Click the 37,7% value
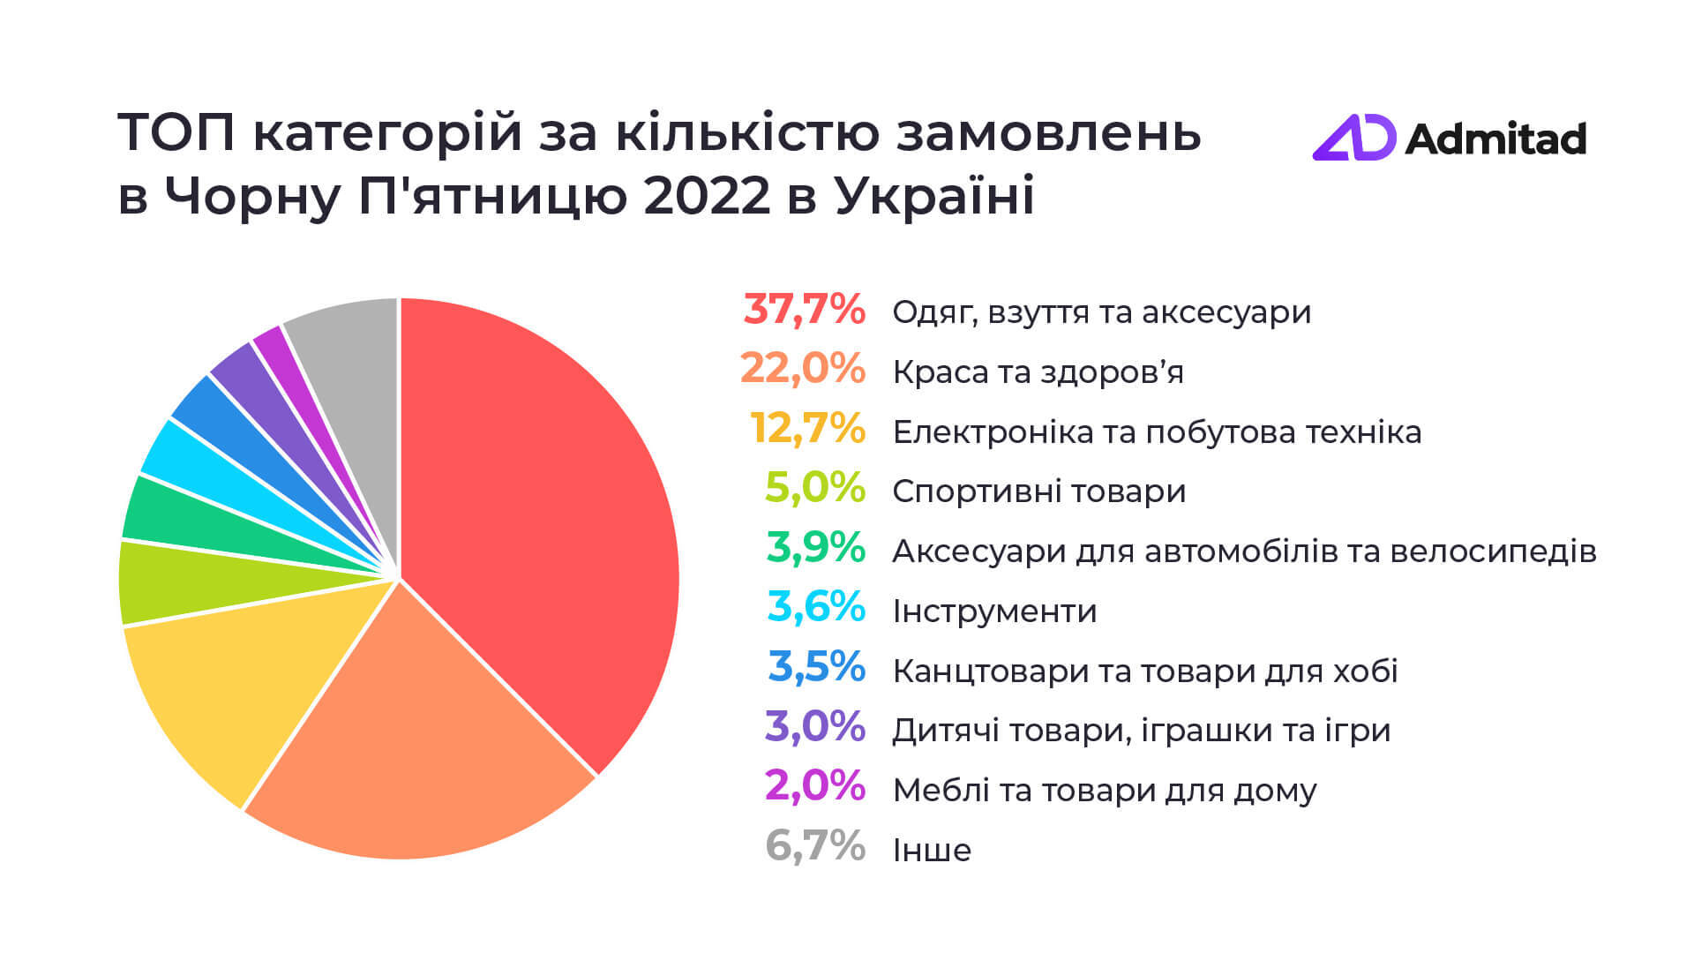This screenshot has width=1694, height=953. pos(804,311)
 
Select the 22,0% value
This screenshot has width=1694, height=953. pos(802,370)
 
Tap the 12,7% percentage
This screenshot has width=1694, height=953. pos(807,430)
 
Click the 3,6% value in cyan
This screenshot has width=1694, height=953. pos(815,609)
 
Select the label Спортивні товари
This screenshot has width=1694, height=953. pos(1038,492)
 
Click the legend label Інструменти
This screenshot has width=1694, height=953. pos(994,611)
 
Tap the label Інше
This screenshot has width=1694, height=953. pos(932,850)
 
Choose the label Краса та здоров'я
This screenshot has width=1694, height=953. pos(1038,371)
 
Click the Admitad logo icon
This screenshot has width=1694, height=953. pos(1353,139)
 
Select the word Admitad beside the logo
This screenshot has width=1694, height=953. pos(1495,139)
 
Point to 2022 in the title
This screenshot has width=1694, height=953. pos(707,196)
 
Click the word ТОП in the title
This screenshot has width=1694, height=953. pos(176,133)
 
